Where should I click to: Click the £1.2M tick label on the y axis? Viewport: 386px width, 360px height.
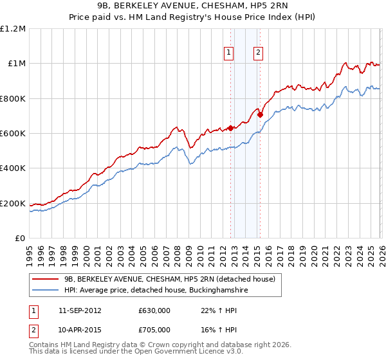[14, 28]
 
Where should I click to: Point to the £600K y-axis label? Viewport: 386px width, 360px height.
[13, 134]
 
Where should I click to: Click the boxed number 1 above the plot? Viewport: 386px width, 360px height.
[229, 53]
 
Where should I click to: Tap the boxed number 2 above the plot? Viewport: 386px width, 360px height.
[258, 53]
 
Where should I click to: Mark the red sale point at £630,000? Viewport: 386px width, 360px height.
[230, 128]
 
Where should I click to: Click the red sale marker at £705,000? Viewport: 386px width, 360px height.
[260, 115]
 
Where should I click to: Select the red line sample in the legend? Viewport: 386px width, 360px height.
[46, 279]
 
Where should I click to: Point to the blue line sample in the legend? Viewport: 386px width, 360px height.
[46, 291]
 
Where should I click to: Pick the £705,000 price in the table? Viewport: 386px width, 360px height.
[154, 330]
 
